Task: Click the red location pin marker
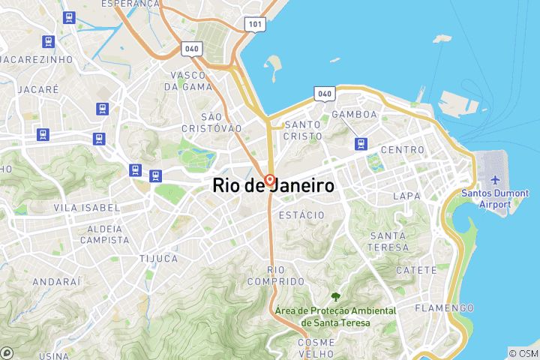click(x=269, y=181)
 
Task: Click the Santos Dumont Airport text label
click(x=495, y=198)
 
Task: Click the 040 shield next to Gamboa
click(x=324, y=94)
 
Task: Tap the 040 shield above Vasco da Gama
click(x=191, y=49)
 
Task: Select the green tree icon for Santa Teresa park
click(x=335, y=298)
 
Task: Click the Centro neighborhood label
click(x=403, y=150)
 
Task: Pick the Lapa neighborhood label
click(x=406, y=196)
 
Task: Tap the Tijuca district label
click(x=158, y=259)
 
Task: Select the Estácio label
click(x=301, y=215)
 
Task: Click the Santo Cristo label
click(x=303, y=130)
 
